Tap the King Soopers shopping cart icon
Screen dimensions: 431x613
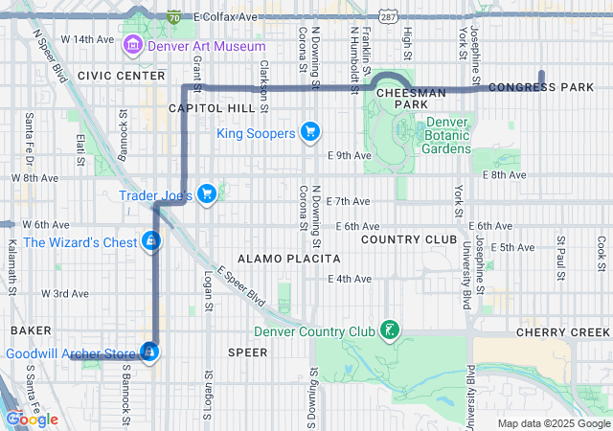(x=309, y=132)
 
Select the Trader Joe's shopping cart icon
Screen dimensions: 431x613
(x=208, y=195)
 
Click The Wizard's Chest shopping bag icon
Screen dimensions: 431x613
(x=150, y=241)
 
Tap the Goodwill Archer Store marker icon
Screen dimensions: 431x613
(x=149, y=352)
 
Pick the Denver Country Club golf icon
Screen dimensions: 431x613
(x=389, y=331)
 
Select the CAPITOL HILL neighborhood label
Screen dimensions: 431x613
(x=212, y=108)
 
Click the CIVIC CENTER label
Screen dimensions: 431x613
(x=122, y=75)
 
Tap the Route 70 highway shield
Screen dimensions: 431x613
(x=173, y=17)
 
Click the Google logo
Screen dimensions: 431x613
(x=32, y=419)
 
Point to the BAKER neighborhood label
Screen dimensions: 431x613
(x=30, y=329)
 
